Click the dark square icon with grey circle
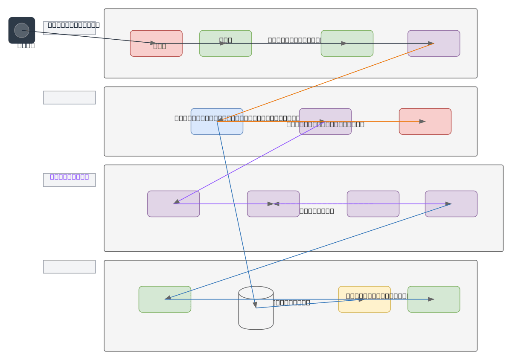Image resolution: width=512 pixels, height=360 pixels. click(22, 30)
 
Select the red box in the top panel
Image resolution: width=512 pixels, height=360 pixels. click(156, 43)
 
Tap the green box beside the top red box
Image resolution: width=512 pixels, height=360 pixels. click(225, 43)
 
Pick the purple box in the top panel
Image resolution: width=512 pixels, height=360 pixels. click(433, 43)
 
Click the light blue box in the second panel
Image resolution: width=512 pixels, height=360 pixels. click(217, 121)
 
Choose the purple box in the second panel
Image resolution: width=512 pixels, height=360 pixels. click(325, 121)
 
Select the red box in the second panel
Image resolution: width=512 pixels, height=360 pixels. click(425, 121)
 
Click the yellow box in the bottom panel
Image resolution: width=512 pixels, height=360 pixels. click(364, 299)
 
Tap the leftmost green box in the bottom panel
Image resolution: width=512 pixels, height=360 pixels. click(165, 299)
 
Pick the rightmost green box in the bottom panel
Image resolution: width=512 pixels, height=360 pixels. click(433, 299)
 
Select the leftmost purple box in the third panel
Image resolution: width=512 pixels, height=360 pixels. click(173, 204)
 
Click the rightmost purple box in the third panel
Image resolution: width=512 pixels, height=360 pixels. click(451, 204)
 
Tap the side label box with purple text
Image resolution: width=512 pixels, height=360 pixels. click(69, 180)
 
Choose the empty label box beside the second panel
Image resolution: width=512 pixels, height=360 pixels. click(69, 97)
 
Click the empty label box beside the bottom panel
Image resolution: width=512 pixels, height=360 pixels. click(69, 267)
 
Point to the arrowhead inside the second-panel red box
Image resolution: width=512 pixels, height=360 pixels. click(422, 122)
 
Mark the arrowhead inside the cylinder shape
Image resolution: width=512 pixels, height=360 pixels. click(255, 305)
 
